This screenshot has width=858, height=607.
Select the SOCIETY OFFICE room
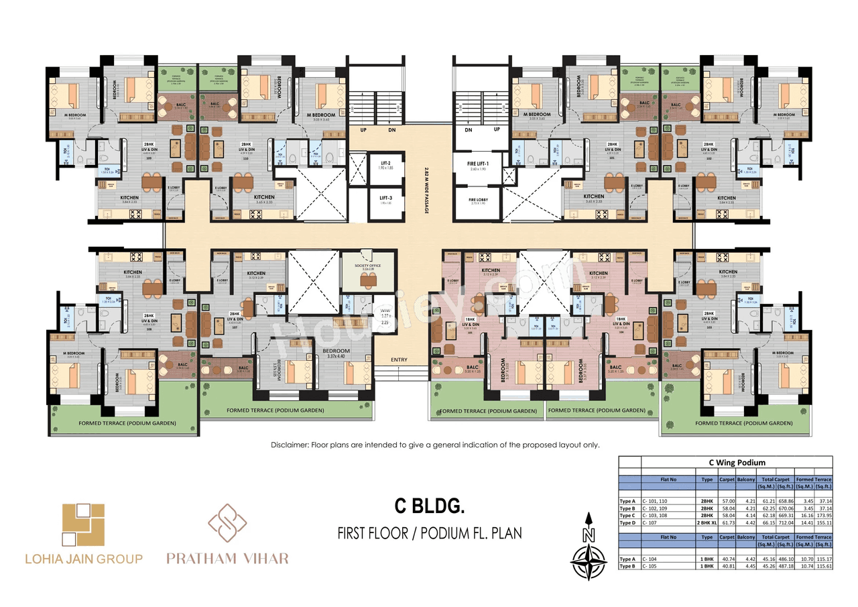[x=367, y=272]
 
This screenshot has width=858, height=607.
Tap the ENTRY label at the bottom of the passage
[x=399, y=360]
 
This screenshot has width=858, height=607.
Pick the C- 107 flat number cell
[x=650, y=522]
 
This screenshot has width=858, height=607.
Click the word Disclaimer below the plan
[x=290, y=445]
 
